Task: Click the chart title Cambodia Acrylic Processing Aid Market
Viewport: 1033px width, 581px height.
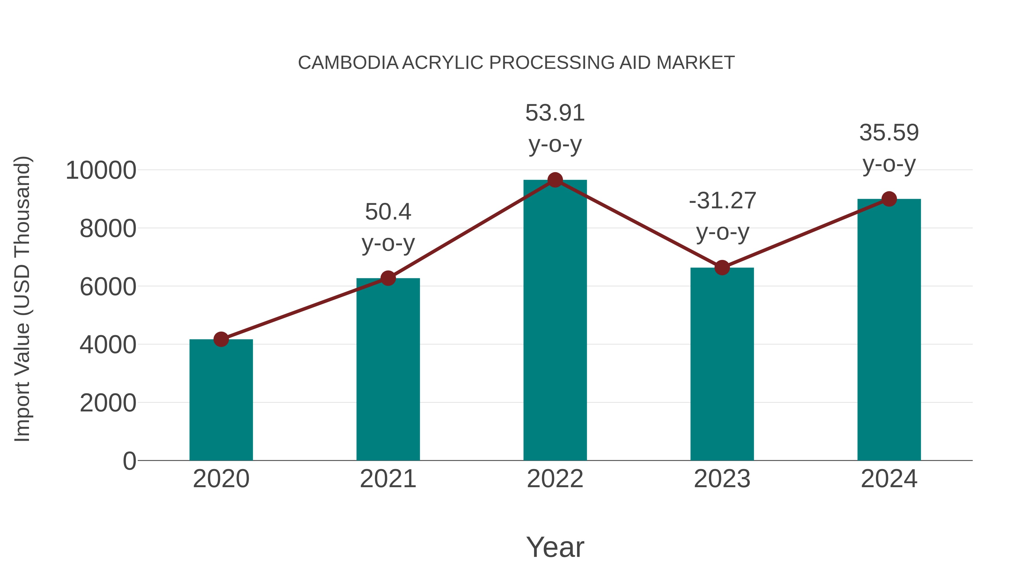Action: tap(516, 63)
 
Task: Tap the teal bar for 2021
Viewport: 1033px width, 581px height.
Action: tap(388, 369)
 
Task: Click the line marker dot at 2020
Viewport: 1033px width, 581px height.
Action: tap(221, 339)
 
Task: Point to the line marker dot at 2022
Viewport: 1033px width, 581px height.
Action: tap(555, 180)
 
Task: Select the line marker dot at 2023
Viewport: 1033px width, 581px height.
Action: tap(722, 267)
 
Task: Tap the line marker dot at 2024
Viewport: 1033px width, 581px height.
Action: tap(889, 199)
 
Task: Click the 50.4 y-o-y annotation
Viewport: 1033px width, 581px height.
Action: tap(388, 227)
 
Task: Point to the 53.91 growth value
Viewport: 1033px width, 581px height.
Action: tap(555, 113)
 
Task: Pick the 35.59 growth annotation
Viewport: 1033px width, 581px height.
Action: tap(889, 133)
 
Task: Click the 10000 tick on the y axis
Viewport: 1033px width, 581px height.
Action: tap(101, 170)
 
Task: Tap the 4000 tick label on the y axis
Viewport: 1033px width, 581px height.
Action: tap(108, 344)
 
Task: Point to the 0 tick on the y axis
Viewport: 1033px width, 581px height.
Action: tap(129, 461)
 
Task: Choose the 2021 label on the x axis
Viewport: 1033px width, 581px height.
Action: tap(388, 479)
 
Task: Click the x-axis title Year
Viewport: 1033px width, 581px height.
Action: tap(555, 547)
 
